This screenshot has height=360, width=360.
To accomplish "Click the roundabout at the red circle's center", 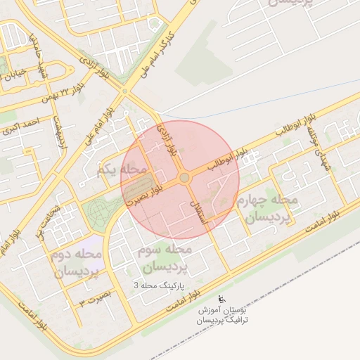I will pos(184,179).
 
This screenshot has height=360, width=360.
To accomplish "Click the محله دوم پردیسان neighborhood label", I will pos(77,262).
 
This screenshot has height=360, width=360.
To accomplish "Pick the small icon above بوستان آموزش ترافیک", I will pos(223,297).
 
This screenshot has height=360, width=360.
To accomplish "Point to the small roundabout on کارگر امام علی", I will pos(124,91).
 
